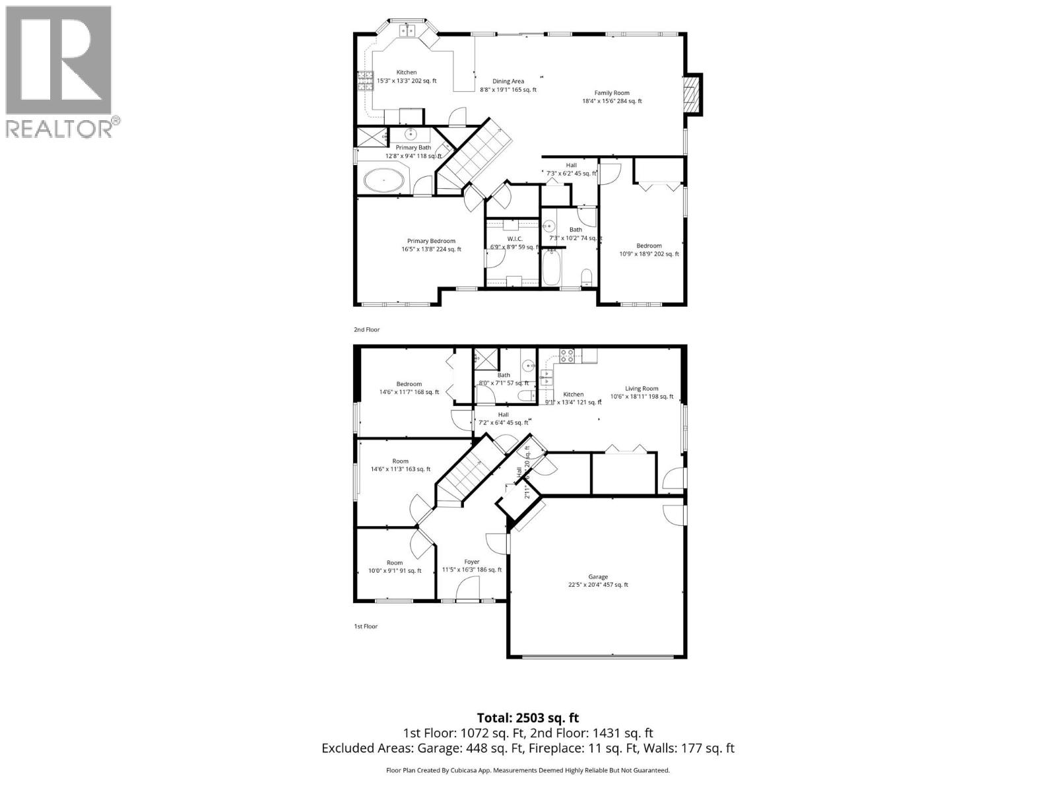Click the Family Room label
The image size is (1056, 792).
(612, 93)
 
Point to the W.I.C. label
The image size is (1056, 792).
(515, 239)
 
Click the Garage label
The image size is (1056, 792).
(598, 577)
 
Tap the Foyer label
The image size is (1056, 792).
(471, 562)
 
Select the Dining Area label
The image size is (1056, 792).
(508, 82)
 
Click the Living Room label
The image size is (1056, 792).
(642, 389)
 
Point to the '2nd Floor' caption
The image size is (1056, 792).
(366, 329)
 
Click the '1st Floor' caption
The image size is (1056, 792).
(366, 626)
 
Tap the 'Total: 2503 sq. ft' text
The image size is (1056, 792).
(527, 717)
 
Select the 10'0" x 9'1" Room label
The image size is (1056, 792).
(395, 563)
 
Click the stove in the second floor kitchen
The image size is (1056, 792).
(364, 81)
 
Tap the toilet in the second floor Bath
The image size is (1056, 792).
(586, 275)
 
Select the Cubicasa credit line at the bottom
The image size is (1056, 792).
(527, 770)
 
